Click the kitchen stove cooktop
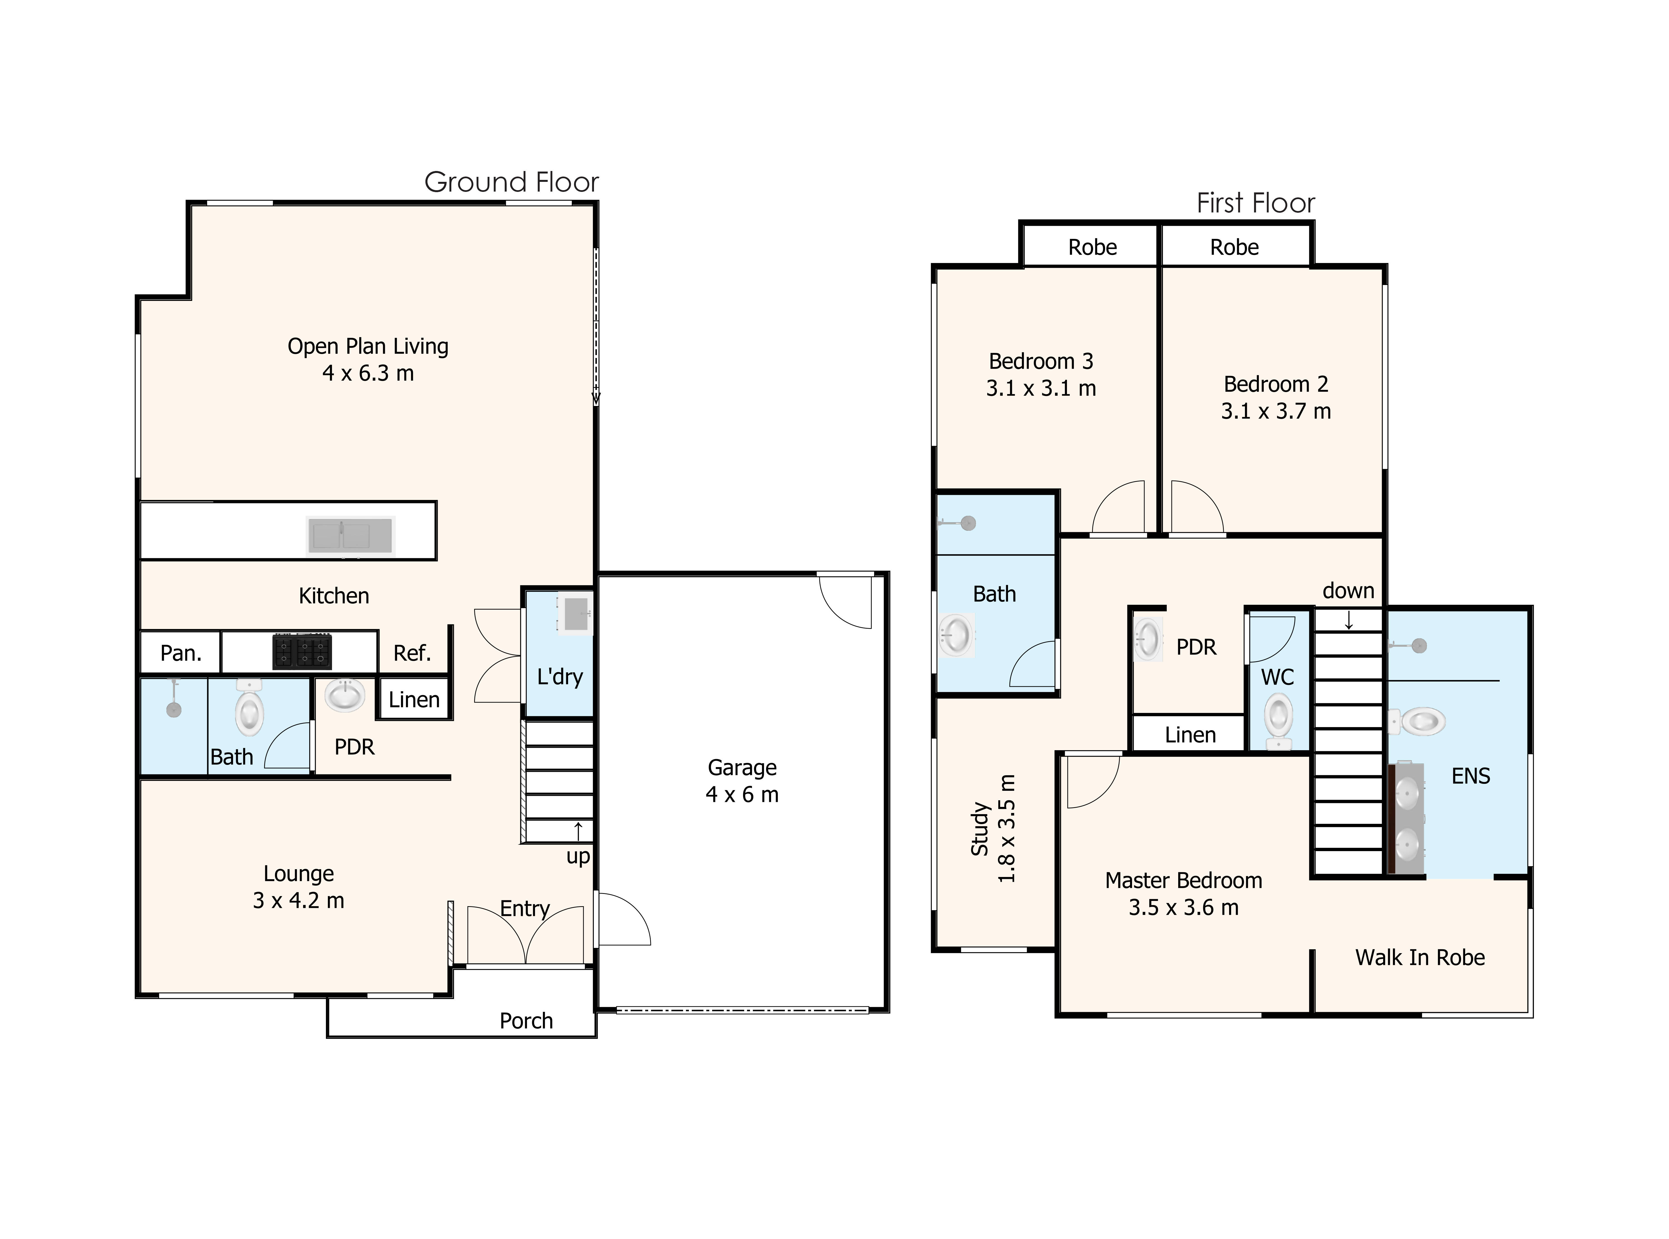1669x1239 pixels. [302, 651]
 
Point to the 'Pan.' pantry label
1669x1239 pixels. [181, 653]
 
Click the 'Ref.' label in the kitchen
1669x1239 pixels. [412, 653]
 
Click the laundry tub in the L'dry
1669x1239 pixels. [575, 613]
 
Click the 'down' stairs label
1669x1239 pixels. [1348, 591]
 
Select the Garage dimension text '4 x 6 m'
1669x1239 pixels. [742, 795]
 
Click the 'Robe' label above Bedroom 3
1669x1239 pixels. [1092, 247]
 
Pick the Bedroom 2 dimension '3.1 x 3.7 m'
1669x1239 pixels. [1275, 411]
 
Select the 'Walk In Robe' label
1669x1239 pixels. [1419, 958]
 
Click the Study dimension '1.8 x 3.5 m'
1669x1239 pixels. [1006, 829]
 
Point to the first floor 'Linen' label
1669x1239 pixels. [1190, 735]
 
